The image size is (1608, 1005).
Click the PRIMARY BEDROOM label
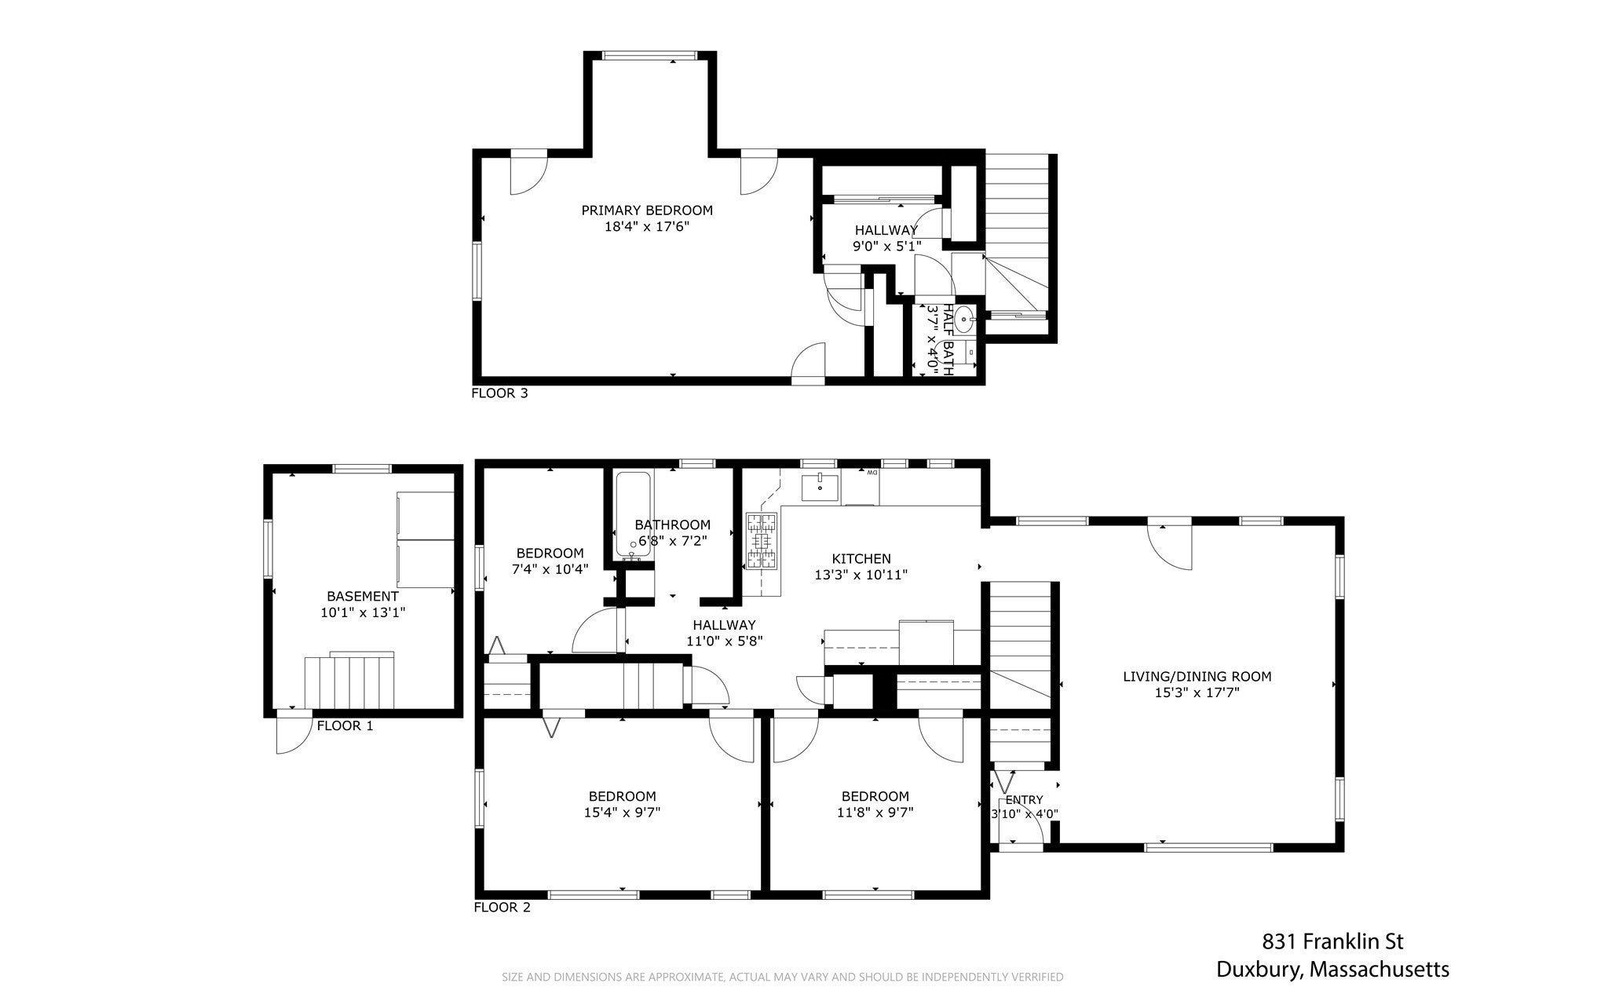pos(647,210)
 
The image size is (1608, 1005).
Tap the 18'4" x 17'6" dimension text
pos(647,227)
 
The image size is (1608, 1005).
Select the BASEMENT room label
pos(363,597)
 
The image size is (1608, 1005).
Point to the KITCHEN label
pos(861,559)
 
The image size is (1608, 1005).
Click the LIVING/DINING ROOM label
pos(1197,676)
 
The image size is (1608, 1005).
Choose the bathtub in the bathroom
pos(633,514)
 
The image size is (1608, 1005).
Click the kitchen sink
pos(820,487)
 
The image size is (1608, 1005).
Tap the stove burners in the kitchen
pos(762,540)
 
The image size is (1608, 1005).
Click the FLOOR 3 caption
pos(499,393)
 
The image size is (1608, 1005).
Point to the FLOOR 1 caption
pos(345,725)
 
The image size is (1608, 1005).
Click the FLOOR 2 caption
pos(502,908)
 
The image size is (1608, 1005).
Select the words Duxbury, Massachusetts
pos(1332,970)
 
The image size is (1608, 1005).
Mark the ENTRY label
pos(1024,800)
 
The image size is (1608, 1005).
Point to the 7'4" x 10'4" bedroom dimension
pos(550,569)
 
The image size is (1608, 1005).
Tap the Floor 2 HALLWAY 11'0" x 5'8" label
pos(724,633)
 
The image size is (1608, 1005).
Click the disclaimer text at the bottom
pos(783,978)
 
